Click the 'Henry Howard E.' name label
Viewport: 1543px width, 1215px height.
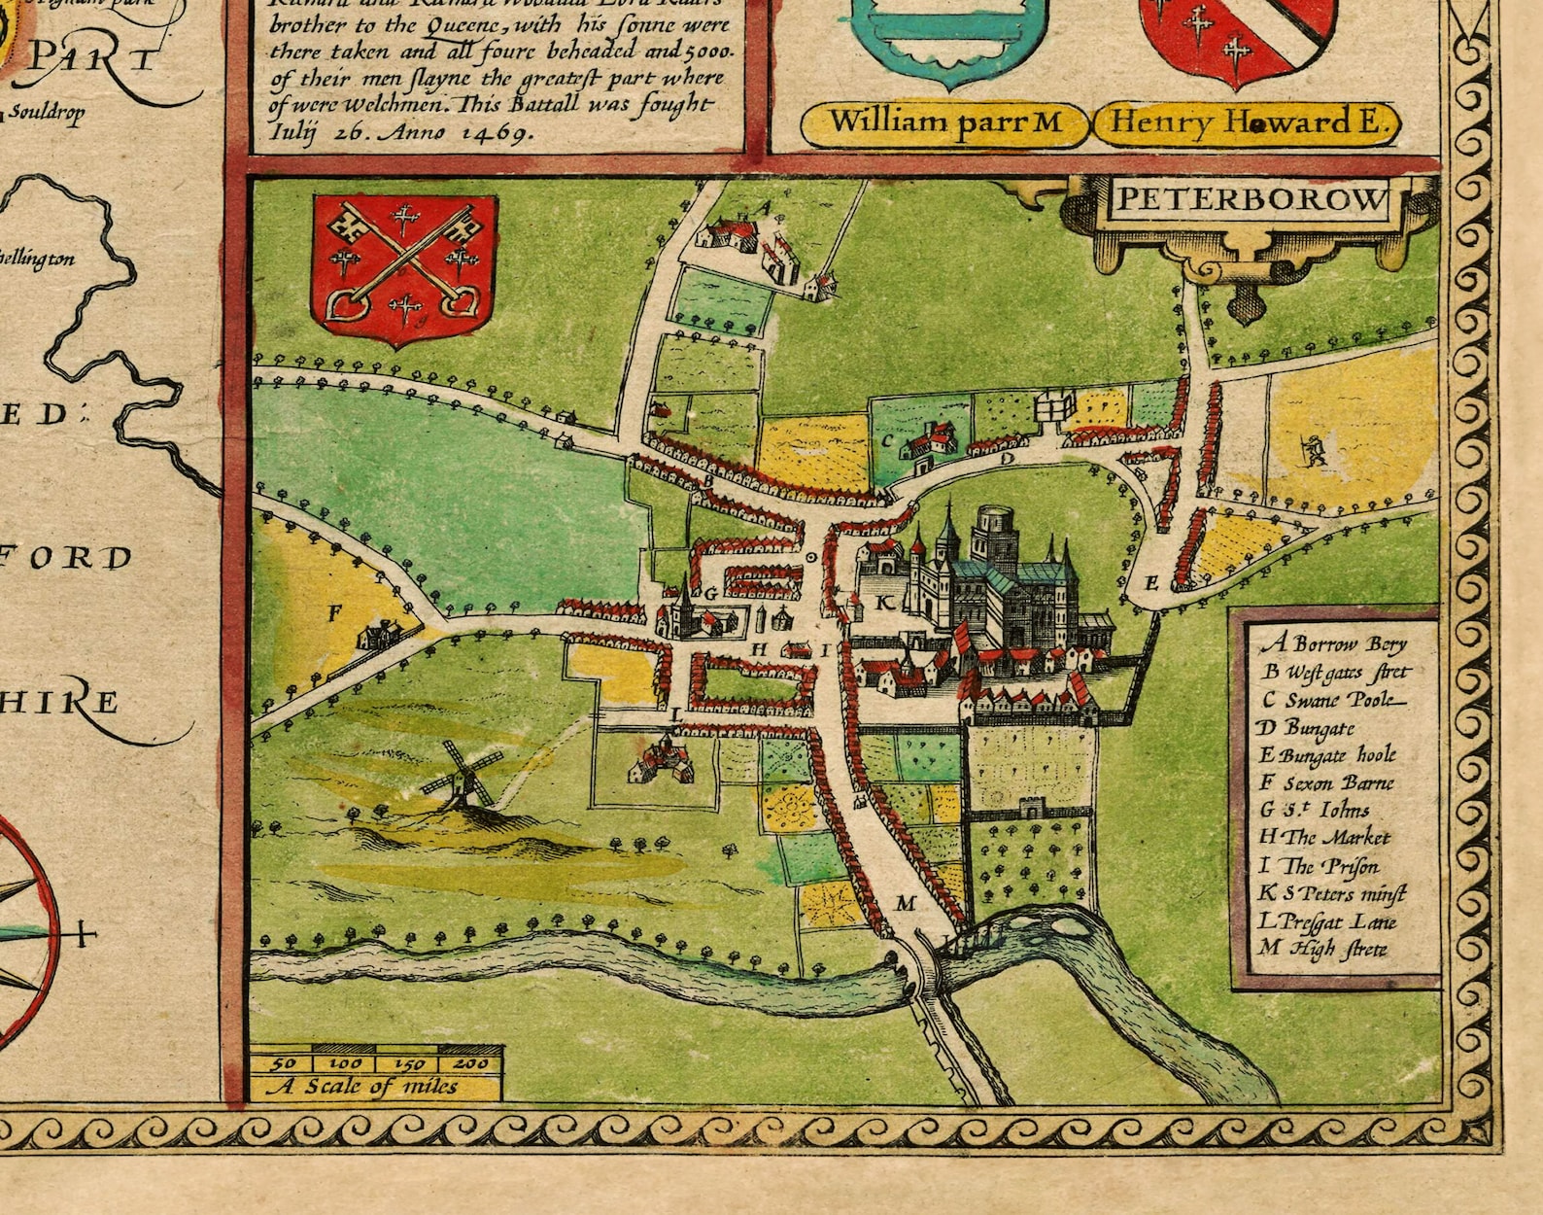(1247, 123)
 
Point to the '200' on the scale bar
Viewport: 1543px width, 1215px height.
(470, 1063)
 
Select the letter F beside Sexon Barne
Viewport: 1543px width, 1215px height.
(336, 612)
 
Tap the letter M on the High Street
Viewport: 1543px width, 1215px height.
(906, 904)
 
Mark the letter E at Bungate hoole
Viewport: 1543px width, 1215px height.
(1152, 583)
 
